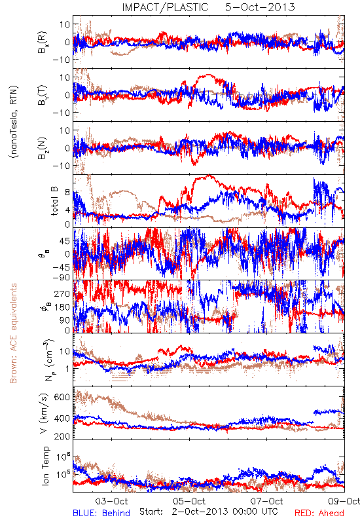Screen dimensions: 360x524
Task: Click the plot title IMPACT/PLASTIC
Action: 165,7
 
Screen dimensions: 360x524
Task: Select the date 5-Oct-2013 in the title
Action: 260,7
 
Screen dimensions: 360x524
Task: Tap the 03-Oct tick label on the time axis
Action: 111,501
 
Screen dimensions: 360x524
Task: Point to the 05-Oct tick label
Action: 189,501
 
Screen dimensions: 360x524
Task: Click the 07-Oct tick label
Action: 267,501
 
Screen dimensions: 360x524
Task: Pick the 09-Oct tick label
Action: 344,501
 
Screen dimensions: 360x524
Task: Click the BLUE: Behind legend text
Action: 101,513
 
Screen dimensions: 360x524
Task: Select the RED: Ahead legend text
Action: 319,513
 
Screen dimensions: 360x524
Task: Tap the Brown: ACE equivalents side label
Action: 13,333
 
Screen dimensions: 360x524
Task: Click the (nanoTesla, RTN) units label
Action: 14,122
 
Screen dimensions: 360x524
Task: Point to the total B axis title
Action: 54,200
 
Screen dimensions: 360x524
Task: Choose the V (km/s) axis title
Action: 44,413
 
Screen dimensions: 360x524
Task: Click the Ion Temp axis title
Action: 45,466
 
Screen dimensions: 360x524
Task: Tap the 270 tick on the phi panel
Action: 62,293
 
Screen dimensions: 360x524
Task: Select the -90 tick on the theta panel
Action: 61,277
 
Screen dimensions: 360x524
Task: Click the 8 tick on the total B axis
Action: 67,193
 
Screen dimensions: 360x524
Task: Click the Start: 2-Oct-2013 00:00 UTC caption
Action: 209,512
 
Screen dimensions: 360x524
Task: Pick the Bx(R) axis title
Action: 43,42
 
